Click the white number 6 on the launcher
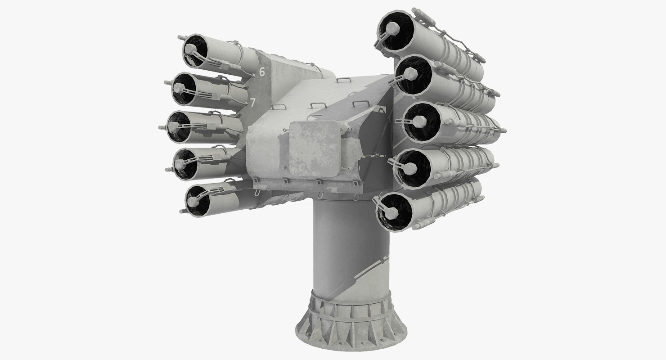click(x=262, y=72)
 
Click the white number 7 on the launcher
click(x=253, y=103)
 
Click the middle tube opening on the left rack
click(x=180, y=126)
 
